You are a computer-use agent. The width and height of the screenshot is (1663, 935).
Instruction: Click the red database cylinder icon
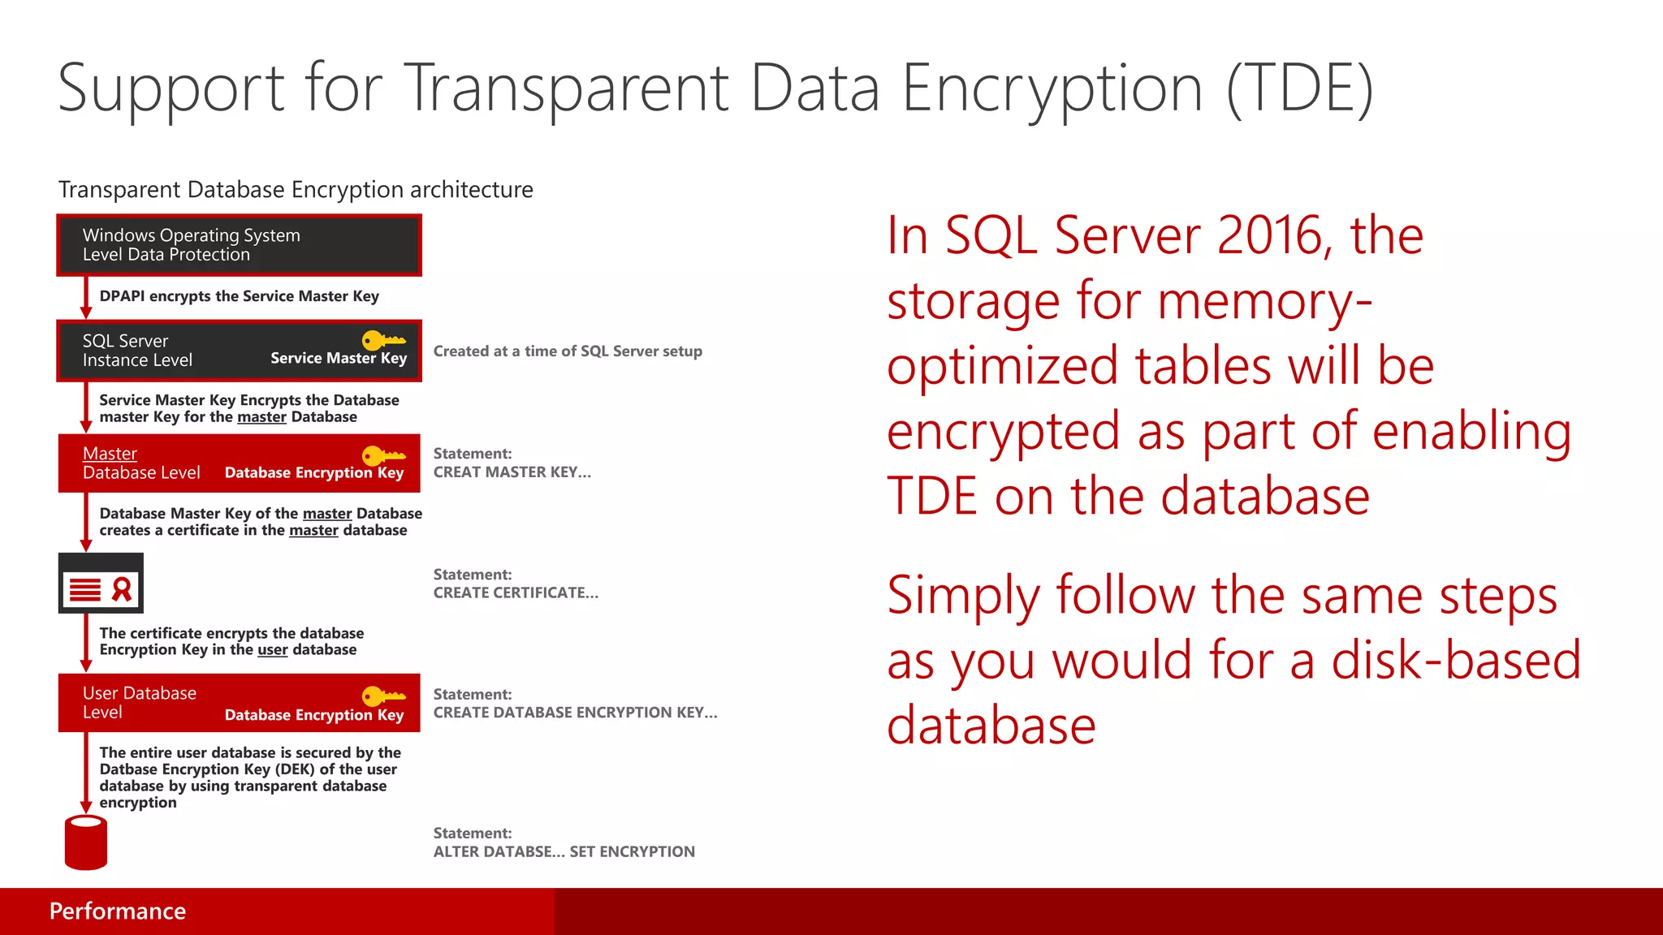(85, 843)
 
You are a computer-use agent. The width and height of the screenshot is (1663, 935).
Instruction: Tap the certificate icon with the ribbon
(101, 584)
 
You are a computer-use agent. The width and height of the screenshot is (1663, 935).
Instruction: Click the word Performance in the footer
(118, 911)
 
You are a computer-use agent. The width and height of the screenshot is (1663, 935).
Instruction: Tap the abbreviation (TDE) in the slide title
(1299, 88)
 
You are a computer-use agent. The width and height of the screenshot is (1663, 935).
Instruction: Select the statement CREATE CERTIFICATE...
(516, 593)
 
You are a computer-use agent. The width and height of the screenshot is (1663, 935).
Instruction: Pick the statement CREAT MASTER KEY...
(512, 472)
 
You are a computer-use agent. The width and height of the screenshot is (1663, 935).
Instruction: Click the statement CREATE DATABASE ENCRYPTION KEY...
(575, 713)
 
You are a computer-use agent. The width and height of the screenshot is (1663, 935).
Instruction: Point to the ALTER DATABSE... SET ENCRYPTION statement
(564, 852)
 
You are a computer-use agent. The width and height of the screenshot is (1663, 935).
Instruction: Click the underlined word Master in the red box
(110, 454)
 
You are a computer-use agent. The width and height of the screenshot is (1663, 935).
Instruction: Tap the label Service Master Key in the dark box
(339, 358)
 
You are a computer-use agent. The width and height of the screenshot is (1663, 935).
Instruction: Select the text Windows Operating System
(192, 235)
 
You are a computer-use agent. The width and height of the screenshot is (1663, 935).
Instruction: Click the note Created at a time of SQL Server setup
(568, 351)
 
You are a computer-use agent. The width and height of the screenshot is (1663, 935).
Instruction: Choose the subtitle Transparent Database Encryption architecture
(296, 190)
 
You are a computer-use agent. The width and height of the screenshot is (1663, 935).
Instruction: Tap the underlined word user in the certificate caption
(273, 650)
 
